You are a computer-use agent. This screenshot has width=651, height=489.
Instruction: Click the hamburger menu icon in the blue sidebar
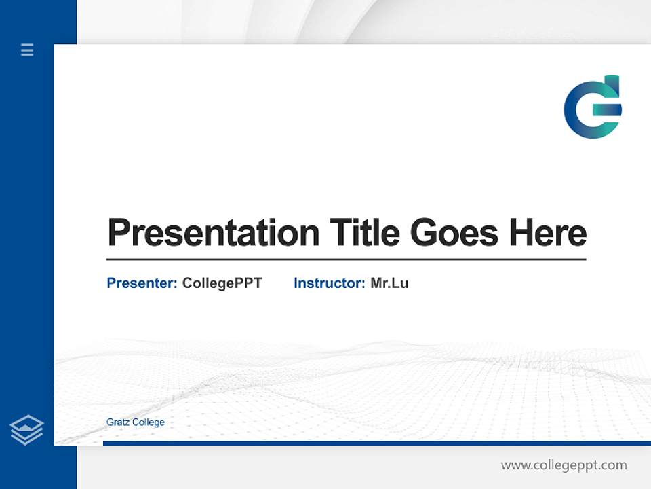(27, 50)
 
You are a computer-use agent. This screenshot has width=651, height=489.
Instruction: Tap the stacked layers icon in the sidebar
(26, 430)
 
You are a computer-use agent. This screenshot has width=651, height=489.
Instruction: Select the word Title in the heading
(364, 233)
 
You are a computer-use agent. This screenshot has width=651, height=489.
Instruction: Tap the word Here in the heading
(548, 233)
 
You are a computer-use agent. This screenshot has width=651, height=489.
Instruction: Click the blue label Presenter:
(142, 283)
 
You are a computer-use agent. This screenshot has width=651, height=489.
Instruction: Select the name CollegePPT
(222, 283)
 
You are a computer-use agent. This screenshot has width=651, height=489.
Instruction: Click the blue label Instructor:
(329, 283)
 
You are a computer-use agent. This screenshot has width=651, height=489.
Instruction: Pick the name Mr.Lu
(389, 283)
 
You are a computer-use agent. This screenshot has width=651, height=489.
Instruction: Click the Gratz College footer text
(136, 422)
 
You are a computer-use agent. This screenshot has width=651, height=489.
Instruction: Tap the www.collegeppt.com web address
(564, 465)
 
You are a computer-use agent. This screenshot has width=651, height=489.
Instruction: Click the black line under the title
(346, 259)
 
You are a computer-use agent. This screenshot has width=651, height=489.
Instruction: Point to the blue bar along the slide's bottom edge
(376, 443)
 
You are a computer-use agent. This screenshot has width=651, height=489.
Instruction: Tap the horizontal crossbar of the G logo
(606, 108)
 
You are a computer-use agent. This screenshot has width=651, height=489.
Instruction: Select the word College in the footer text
(149, 422)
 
